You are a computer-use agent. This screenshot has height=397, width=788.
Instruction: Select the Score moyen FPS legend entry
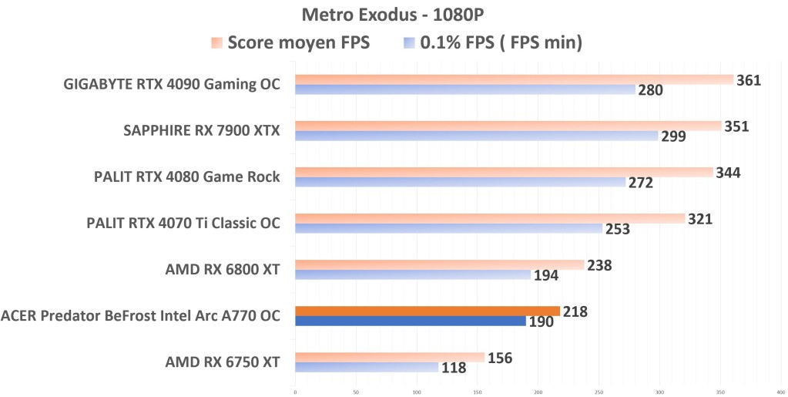pos(291,43)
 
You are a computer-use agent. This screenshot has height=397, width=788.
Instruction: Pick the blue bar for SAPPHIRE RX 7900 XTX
pos(477,136)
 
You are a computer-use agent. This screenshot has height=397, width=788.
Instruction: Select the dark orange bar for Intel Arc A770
pos(428,311)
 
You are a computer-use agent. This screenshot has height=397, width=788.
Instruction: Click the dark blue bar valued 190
pos(411,321)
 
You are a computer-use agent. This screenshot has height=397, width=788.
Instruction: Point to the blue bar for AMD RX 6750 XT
pos(367,367)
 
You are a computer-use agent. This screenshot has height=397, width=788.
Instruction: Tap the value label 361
pos(749,80)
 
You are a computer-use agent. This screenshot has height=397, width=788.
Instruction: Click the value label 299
pos(673,136)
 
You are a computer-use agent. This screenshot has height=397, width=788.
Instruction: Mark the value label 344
pos(727,173)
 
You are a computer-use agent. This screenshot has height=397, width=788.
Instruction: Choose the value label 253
pos(617,229)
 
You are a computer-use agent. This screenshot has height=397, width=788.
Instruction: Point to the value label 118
pos(453,368)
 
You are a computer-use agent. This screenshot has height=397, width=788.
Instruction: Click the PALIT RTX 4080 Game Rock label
pos(186,177)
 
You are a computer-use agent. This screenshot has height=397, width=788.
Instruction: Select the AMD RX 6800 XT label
pos(222,270)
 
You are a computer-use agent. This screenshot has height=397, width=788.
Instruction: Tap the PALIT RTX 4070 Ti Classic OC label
pos(183,224)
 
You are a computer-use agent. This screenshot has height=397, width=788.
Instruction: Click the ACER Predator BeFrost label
pos(140,315)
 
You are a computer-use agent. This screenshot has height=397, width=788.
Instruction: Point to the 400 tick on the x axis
pos(780,392)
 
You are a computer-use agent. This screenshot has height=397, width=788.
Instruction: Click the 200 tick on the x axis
pos(538,392)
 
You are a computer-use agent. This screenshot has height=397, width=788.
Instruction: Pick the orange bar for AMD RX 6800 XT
pos(439,264)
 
